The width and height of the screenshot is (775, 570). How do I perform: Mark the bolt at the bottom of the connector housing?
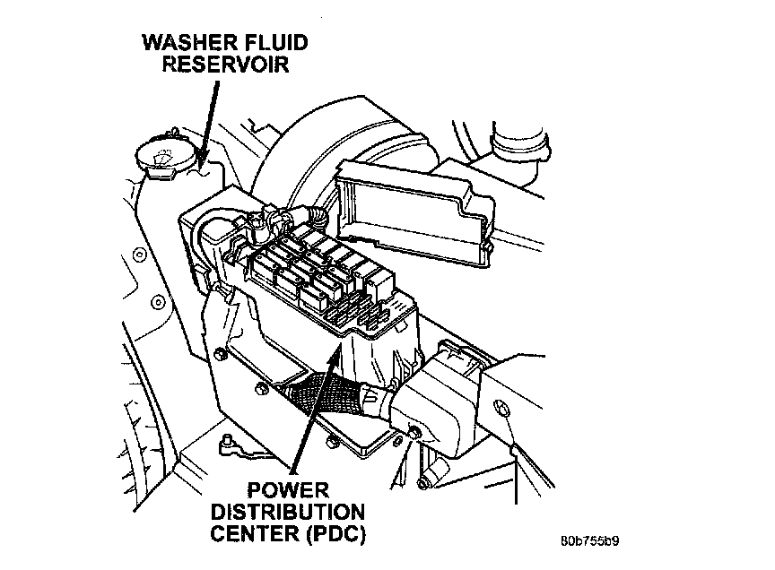414,434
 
